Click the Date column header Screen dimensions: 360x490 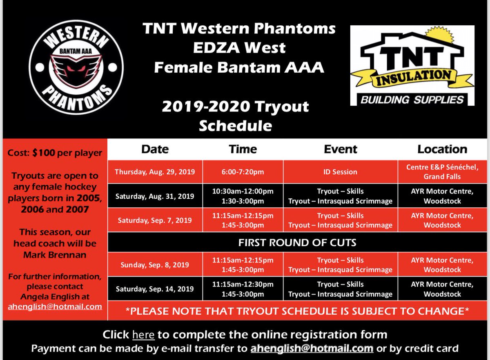click(155, 149)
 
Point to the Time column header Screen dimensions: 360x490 click(243, 149)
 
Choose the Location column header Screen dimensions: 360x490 click(442, 149)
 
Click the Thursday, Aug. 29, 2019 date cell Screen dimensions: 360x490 click(155, 172)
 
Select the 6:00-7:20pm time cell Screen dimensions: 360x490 click(243, 172)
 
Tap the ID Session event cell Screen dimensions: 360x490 click(341, 172)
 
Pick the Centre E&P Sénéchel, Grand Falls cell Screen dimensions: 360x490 click(442, 172)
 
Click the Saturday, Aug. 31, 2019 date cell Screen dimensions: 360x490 click(155, 196)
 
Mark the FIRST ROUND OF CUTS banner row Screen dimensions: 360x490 click(297, 242)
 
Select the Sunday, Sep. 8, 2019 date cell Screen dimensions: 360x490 click(155, 265)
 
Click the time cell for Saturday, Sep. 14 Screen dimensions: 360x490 click(243, 289)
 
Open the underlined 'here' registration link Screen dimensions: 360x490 click(143, 335)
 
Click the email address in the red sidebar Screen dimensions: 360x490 click(55, 307)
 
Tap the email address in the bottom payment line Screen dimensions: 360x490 click(312, 349)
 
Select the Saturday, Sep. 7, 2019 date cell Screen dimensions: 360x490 click(155, 220)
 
